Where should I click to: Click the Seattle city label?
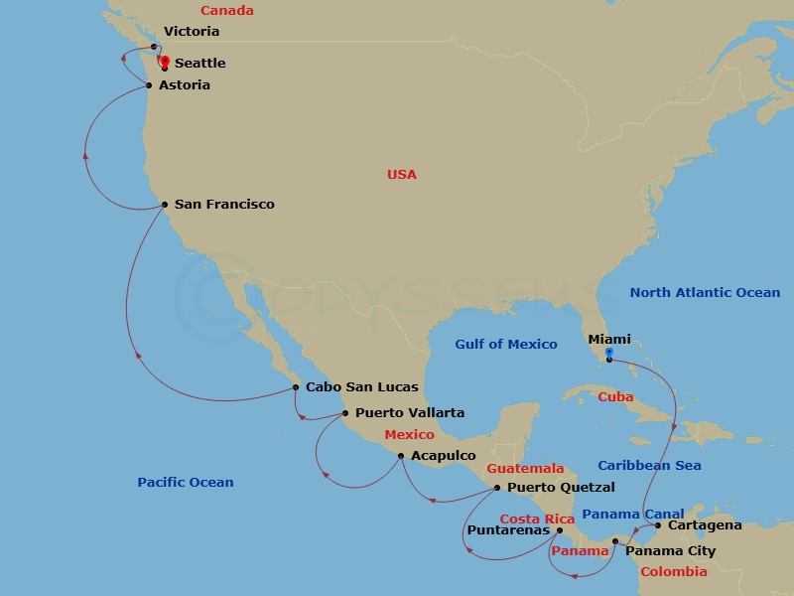pos(199,63)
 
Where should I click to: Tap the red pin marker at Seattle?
pos(164,61)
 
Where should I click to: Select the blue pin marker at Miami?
pos(608,353)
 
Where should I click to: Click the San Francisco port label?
pos(224,205)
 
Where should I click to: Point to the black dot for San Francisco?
pos(165,206)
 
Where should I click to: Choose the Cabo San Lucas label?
pos(361,387)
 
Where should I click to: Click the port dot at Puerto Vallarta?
pos(344,413)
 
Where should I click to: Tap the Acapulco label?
pos(443,456)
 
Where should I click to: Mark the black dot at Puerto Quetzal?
pos(497,488)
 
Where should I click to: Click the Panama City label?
pos(670,551)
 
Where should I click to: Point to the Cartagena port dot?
pos(658,525)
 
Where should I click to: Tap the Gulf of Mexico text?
pos(506,345)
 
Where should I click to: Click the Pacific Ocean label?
pos(186,483)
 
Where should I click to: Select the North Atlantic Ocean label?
pos(705,293)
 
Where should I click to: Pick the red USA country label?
pos(402,175)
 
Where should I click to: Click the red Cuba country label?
pos(615,397)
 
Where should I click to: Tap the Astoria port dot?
pos(149,85)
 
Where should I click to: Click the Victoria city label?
pos(193,32)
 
